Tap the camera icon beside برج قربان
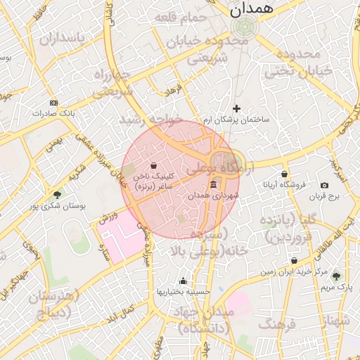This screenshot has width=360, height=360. pos(324,185)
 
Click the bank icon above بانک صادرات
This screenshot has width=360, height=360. pos(53,102)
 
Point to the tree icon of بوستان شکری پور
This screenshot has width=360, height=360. pos(57,195)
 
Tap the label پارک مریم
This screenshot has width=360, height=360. pos(336,288)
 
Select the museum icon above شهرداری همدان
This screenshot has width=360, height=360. pos(213,184)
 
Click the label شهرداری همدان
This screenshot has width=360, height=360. pos(214,195)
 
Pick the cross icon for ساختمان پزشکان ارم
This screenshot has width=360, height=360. pos(237,108)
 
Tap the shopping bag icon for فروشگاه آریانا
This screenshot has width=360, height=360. pos(284,174)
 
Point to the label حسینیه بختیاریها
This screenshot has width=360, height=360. pos(183,291)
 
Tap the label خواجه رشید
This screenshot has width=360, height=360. pos(151,120)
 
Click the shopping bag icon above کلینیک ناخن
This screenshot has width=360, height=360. pos(154,165)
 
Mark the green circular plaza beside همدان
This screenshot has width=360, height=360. pos(245,27)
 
